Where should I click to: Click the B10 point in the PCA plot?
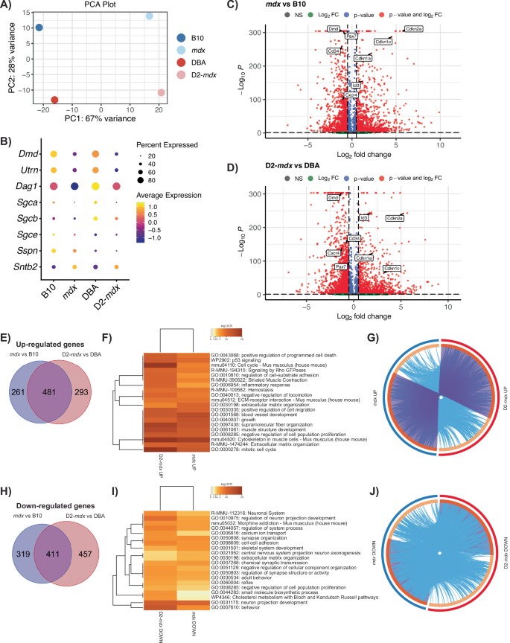pyautogui.click(x=39, y=28)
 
